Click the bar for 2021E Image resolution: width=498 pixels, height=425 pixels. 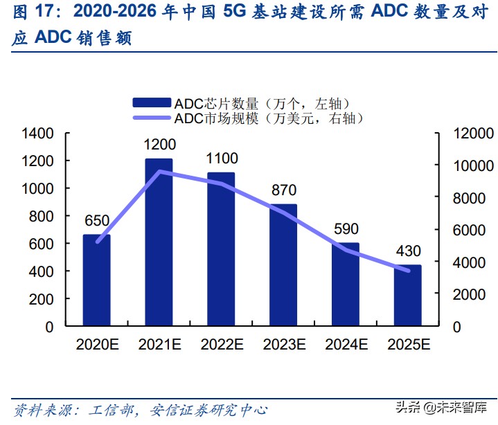click(x=159, y=242)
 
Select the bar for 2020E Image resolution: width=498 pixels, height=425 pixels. click(x=96, y=280)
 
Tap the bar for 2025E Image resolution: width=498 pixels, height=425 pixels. click(x=408, y=296)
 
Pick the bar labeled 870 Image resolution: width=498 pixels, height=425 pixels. click(x=283, y=265)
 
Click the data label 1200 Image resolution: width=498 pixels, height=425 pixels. click(x=160, y=145)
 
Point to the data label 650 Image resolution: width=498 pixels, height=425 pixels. click(x=97, y=221)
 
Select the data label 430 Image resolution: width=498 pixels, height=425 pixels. click(x=408, y=251)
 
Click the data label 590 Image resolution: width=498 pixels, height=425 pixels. click(x=346, y=229)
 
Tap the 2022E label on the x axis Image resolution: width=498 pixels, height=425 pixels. click(x=222, y=344)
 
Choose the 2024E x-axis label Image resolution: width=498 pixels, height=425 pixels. click(x=346, y=344)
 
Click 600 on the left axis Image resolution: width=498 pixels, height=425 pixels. click(x=44, y=244)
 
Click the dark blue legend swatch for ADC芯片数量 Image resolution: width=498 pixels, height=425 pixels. click(x=152, y=103)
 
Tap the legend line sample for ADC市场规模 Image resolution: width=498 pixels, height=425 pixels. click(x=152, y=118)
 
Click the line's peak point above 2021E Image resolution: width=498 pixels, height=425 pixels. click(x=159, y=171)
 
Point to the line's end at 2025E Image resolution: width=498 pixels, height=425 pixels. click(x=408, y=271)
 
